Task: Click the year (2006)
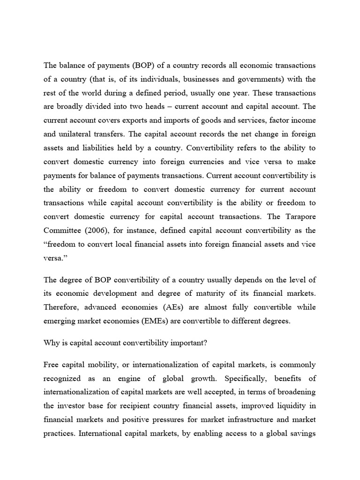(99, 231)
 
